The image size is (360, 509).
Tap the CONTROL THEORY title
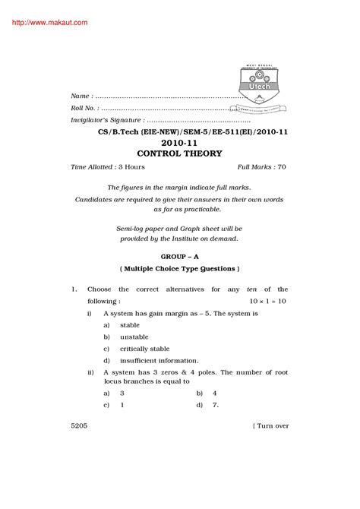point(179,153)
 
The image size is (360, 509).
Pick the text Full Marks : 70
point(262,166)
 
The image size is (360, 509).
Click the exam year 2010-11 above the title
point(179,142)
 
